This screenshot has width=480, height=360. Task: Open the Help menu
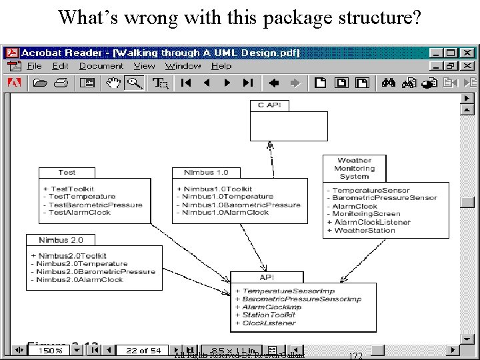click(221, 66)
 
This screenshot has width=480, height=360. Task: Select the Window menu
click(183, 66)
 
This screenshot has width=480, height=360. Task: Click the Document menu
click(101, 66)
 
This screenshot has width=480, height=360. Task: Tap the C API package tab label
click(269, 105)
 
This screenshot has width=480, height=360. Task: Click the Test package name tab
click(67, 172)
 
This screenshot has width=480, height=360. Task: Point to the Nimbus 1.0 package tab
click(206, 172)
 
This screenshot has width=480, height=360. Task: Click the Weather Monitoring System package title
click(354, 168)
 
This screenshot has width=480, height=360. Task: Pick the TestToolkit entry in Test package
click(72, 189)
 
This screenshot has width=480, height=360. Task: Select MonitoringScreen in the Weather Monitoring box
click(367, 214)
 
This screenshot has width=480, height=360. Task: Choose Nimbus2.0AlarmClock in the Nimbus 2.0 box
click(80, 280)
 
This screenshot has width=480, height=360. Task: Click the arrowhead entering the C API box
click(269, 145)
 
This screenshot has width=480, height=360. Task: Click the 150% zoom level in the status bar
click(50, 350)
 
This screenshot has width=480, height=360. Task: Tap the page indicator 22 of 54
click(143, 350)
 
